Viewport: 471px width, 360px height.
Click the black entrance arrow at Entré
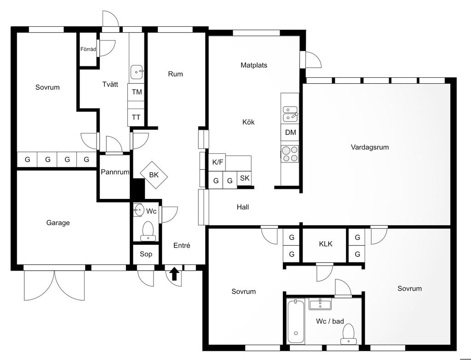[x=174, y=274]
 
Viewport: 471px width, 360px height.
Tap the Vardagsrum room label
[x=370, y=147]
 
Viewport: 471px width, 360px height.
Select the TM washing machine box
[x=136, y=92]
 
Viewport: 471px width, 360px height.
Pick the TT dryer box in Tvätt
[x=136, y=117]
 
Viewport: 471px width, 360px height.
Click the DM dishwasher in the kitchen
[x=290, y=132]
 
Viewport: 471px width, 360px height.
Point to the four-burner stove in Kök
[x=290, y=154]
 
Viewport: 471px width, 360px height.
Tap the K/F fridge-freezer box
[x=217, y=163]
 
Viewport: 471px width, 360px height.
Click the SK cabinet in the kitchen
[x=245, y=178]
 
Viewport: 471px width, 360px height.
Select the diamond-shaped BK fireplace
[x=154, y=175]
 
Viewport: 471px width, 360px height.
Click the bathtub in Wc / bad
[x=296, y=321]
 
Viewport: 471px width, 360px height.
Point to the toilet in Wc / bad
[x=349, y=334]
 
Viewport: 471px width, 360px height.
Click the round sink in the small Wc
[x=139, y=209]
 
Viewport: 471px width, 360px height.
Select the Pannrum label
[x=115, y=172]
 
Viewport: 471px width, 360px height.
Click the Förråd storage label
[x=88, y=49]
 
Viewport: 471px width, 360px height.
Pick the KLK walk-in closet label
[x=326, y=244]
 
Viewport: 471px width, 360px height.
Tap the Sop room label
[x=146, y=254]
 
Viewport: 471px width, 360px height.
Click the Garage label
[x=58, y=223]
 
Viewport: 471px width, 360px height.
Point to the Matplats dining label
[x=254, y=65]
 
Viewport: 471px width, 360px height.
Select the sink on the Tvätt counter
[x=137, y=72]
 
